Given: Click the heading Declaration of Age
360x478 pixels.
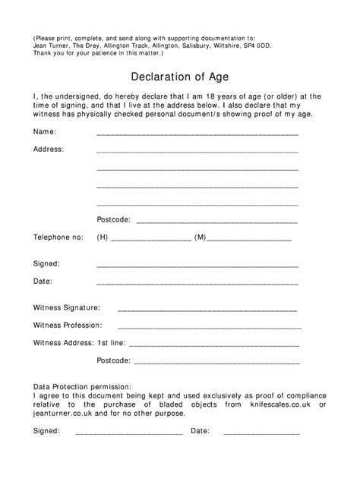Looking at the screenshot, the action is (180, 76).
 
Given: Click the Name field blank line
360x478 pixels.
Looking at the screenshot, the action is (197, 134).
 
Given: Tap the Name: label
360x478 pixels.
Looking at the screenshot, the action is (45, 131).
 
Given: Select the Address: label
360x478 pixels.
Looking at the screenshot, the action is (49, 149).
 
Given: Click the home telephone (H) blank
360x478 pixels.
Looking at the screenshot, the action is (150, 240).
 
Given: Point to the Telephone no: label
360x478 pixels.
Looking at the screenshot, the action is (58, 237).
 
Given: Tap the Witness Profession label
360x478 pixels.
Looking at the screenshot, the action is (68, 325).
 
